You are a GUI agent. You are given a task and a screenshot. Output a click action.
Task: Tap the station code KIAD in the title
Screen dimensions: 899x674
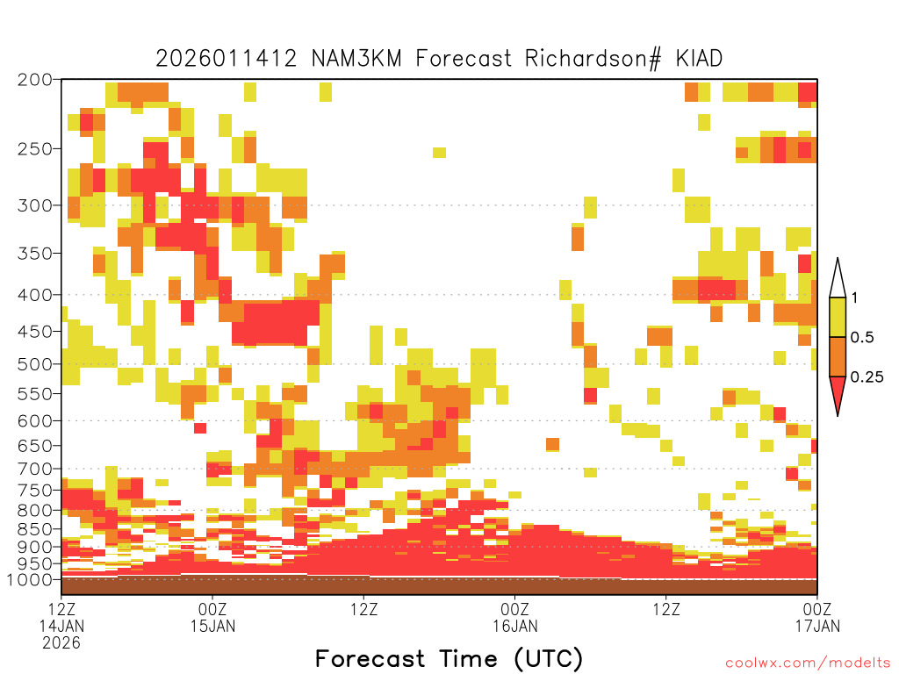[699, 59]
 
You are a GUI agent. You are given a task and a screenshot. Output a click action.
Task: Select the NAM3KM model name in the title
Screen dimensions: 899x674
[356, 59]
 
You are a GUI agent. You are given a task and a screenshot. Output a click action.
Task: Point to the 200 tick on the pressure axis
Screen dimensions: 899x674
[35, 80]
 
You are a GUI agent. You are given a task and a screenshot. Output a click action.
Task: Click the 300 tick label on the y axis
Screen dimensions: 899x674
[35, 205]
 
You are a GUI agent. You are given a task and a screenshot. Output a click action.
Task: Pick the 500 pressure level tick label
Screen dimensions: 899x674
[35, 364]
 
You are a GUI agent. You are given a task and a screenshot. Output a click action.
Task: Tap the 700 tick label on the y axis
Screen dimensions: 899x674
[35, 469]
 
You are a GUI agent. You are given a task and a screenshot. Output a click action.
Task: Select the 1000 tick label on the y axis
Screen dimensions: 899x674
[30, 579]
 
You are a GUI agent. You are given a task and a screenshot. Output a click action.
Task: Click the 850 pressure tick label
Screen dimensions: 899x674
[35, 529]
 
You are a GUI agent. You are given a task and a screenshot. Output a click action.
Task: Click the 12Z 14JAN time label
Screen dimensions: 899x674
[61, 625]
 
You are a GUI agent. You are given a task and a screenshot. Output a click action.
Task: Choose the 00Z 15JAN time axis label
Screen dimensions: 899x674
[212, 617]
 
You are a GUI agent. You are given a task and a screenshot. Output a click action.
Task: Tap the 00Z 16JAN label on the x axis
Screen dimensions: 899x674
[514, 617]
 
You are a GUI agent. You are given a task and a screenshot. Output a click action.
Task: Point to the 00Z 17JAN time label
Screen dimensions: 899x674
[817, 617]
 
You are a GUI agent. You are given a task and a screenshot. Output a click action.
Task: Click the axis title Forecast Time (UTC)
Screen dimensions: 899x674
[449, 658]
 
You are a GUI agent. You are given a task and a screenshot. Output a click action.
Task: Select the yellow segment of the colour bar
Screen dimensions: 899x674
[838, 317]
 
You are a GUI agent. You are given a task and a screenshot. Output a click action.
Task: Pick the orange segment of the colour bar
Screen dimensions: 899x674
[838, 356]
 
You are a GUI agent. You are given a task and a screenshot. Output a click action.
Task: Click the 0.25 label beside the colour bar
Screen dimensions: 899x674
[867, 377]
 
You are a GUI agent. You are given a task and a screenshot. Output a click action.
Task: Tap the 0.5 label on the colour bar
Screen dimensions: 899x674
[862, 338]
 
